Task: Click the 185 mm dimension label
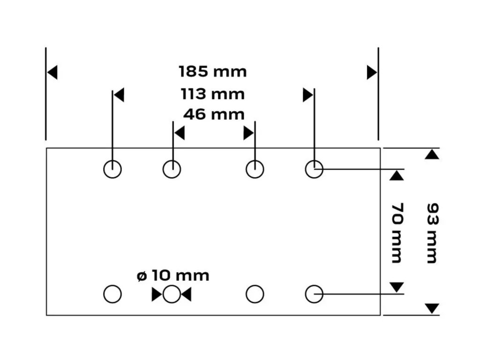pyautogui.click(x=212, y=72)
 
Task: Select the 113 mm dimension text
pyautogui.click(x=213, y=94)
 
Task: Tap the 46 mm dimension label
pyautogui.click(x=214, y=114)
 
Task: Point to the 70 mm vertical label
pyautogui.click(x=397, y=232)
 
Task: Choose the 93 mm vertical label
pyautogui.click(x=432, y=232)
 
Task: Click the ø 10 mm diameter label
pyautogui.click(x=173, y=276)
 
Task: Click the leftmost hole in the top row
pyautogui.click(x=112, y=169)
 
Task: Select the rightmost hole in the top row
pyautogui.click(x=314, y=169)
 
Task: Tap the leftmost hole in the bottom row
pyautogui.click(x=112, y=294)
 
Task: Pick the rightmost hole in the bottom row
pyautogui.click(x=314, y=294)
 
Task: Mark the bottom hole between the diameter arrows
pyautogui.click(x=172, y=294)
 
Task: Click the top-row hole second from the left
pyautogui.click(x=172, y=169)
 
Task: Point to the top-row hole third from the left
pyautogui.click(x=255, y=169)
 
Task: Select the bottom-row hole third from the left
pyautogui.click(x=255, y=294)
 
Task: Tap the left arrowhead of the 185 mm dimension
pyautogui.click(x=52, y=73)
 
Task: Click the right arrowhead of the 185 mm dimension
pyautogui.click(x=372, y=73)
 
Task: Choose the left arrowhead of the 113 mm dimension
pyautogui.click(x=119, y=95)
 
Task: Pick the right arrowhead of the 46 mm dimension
pyautogui.click(x=248, y=134)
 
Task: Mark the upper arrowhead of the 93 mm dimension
pyautogui.click(x=432, y=154)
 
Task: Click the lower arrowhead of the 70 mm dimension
pyautogui.click(x=397, y=287)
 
